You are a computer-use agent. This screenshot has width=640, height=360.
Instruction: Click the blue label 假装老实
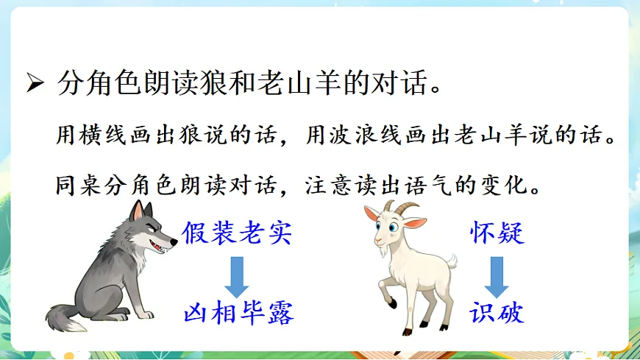coord(237,233)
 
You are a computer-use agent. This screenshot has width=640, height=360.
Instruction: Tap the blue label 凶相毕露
coord(238,313)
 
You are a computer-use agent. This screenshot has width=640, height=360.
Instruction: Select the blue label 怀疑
coord(497,233)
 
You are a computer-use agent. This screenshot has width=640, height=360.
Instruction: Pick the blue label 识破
coord(497,313)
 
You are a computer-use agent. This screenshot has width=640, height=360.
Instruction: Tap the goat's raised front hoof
coord(392,302)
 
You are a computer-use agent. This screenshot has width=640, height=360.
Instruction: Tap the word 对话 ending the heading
coord(400,84)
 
